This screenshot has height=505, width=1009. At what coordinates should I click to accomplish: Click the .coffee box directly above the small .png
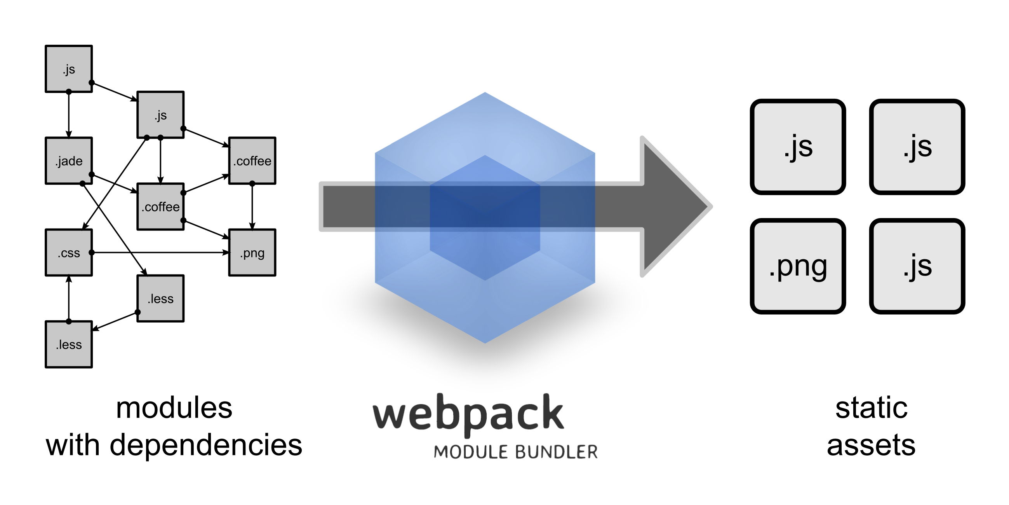pos(252,161)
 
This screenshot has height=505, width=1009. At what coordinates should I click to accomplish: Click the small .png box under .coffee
pos(252,253)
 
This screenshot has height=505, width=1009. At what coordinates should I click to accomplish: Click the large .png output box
pos(798,266)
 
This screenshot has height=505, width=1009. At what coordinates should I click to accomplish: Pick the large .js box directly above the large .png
pos(798,147)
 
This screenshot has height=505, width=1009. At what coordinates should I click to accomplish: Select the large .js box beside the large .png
pos(917,266)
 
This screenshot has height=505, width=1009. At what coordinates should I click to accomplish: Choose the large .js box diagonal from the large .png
pos(917,147)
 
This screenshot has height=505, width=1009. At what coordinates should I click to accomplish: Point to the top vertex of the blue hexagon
pos(485,93)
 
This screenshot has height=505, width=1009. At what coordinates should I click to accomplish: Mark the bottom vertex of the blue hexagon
pos(485,342)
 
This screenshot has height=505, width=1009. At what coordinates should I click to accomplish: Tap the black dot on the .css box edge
pos(90,253)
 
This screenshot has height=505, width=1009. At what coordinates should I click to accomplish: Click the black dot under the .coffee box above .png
pos(252,182)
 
